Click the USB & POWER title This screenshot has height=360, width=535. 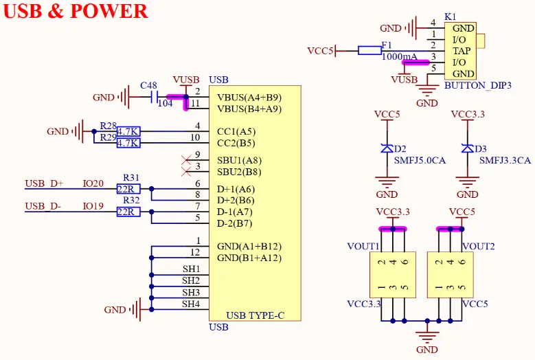tap(76, 12)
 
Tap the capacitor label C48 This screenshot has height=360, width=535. tap(148, 86)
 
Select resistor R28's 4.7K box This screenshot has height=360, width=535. tap(128, 131)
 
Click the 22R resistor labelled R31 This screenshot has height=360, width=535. tap(128, 189)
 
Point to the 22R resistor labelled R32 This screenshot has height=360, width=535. tap(128, 212)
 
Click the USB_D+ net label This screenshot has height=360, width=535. tap(44, 184)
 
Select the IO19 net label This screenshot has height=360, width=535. tap(93, 206)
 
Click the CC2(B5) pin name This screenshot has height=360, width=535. tap(236, 144)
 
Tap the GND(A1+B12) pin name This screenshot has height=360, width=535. tap(249, 246)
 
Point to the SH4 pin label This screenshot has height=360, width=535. tap(191, 304)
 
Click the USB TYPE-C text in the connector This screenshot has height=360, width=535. tap(255, 316)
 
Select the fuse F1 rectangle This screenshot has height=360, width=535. tap(370, 50)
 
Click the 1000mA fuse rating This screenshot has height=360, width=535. tap(399, 57)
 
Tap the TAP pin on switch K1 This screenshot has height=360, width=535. tap(462, 51)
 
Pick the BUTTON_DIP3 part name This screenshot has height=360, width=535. tap(478, 86)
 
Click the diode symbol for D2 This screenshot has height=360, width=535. tap(387, 148)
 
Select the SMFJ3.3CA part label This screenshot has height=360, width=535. tap(505, 160)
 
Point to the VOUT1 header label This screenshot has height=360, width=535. tap(363, 246)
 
